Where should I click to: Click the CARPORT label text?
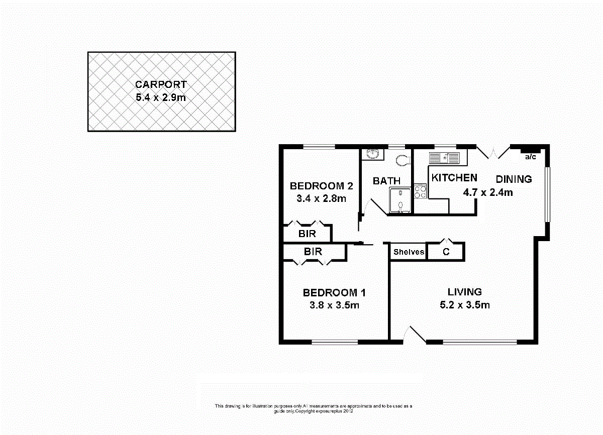[x=161, y=85]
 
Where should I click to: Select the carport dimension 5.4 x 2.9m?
[x=161, y=97]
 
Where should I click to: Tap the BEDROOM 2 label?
[x=321, y=186]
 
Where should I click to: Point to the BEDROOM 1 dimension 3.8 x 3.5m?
[x=330, y=305]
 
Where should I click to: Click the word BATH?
[x=386, y=181]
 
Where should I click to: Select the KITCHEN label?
[x=454, y=178]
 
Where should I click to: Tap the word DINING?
[x=514, y=179]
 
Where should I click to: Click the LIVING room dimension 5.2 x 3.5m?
[x=465, y=305]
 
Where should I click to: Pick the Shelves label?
[x=409, y=252]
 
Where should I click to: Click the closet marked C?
[x=446, y=252]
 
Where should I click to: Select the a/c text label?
[x=530, y=157]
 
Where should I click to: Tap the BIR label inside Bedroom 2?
[x=307, y=234]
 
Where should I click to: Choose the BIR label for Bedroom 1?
[x=313, y=252]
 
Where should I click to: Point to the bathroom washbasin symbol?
[x=373, y=153]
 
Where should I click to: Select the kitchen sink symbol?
[x=444, y=158]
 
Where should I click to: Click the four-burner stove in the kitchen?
[x=420, y=191]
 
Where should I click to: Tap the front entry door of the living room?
[x=415, y=335]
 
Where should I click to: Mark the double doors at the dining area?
[x=493, y=152]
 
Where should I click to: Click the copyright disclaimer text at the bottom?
[x=314, y=408]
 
